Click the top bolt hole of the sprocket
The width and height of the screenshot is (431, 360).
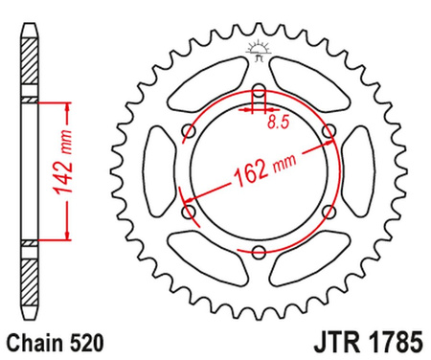259,93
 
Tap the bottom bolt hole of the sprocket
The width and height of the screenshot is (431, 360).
259,251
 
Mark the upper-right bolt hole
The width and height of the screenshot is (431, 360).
329,133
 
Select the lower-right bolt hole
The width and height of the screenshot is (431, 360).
329,211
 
